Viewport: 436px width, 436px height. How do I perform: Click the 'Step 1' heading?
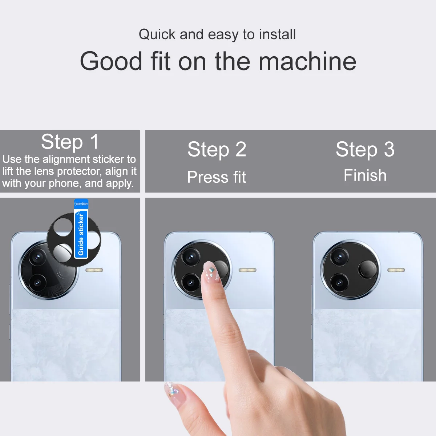pyautogui.click(x=70, y=142)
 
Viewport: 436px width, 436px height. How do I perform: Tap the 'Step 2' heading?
pyautogui.click(x=217, y=149)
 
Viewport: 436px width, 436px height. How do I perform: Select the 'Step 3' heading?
pyautogui.click(x=365, y=149)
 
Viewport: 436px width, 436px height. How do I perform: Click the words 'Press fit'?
pyautogui.click(x=217, y=177)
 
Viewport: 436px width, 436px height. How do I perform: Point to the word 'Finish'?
pyautogui.click(x=365, y=175)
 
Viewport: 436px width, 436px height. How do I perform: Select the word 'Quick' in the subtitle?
pyautogui.click(x=157, y=35)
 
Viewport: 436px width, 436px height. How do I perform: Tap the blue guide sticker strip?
pyautogui.click(x=81, y=233)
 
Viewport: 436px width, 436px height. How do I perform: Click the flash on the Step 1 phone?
pyautogui.click(x=94, y=270)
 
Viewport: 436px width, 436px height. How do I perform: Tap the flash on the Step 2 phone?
pyautogui.click(x=247, y=270)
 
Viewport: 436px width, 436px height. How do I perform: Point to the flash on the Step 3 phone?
pyautogui.click(x=396, y=270)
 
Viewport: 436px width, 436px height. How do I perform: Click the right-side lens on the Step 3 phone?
pyautogui.click(x=367, y=270)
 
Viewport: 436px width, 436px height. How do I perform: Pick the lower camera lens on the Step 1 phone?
pyautogui.click(x=37, y=283)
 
